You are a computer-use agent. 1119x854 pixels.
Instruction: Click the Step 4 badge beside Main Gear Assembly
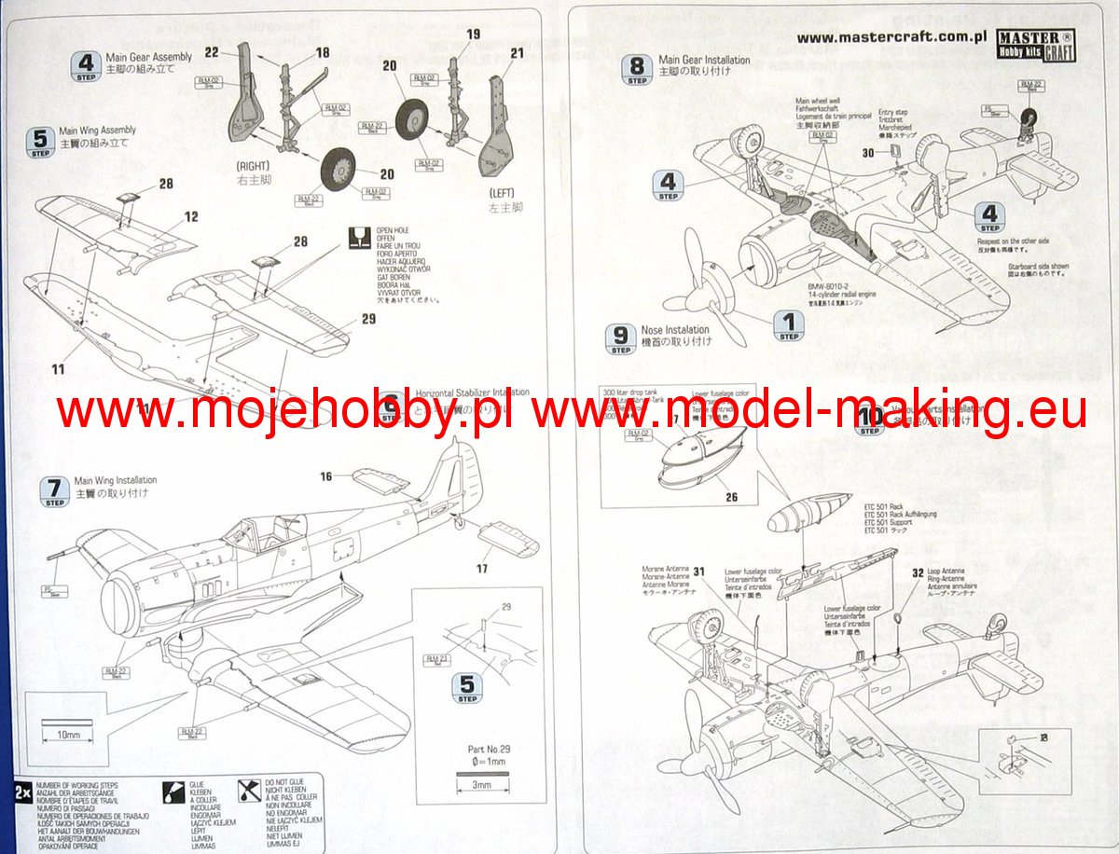[86, 66]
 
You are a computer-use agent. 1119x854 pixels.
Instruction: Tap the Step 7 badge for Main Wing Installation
[54, 490]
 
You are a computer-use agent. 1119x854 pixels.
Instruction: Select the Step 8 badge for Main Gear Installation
[637, 69]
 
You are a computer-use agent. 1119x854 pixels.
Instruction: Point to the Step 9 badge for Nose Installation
[620, 338]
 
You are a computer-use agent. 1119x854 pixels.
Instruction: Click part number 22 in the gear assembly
[211, 52]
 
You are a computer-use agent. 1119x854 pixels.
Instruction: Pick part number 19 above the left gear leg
[473, 34]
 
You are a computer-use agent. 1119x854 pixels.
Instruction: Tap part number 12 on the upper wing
[191, 217]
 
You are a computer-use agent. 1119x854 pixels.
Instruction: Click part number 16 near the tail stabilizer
[325, 476]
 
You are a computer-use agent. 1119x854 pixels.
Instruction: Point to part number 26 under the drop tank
[731, 498]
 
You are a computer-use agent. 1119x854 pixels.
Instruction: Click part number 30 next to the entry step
[868, 153]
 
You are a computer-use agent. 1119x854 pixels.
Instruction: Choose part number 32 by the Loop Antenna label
[918, 573]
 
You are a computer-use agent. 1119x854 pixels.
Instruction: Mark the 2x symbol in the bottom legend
[21, 792]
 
